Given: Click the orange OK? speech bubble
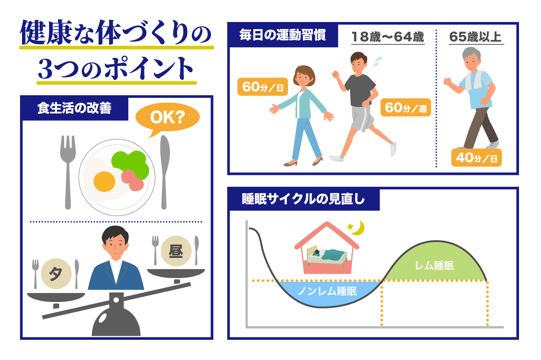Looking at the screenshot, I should (x=167, y=117).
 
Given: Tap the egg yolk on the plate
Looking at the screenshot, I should (x=104, y=181).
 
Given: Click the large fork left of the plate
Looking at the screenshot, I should (x=68, y=170).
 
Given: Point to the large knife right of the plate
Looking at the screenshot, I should (x=164, y=170).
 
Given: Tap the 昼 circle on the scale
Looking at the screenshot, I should (x=176, y=251).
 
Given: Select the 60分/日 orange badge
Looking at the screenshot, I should (x=263, y=87).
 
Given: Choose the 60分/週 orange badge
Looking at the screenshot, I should (x=406, y=107).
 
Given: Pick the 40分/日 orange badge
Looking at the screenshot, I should (x=476, y=158).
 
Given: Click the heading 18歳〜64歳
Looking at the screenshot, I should (x=388, y=37).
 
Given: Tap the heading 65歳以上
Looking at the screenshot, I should (x=476, y=37).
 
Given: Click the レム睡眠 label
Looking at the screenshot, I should (x=434, y=266).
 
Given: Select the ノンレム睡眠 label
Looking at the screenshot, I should (x=327, y=291).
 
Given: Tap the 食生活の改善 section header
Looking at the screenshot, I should (x=74, y=108).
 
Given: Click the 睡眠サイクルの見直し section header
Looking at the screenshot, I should (x=303, y=199).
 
